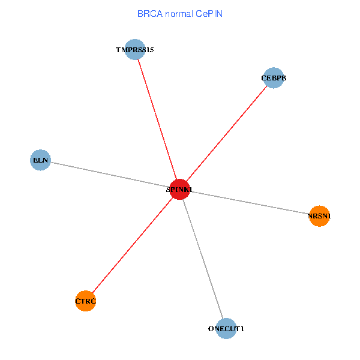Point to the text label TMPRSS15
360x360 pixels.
click(x=135, y=50)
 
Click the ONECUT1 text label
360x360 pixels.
click(x=226, y=329)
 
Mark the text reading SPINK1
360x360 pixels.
click(x=179, y=190)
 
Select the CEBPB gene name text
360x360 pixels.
click(x=274, y=79)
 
